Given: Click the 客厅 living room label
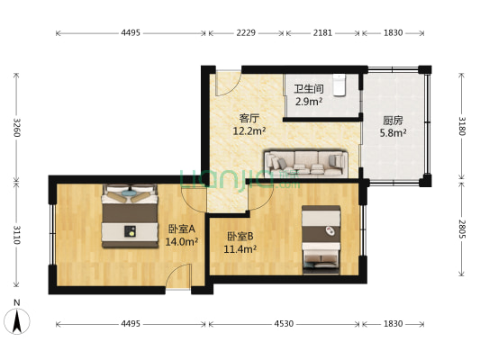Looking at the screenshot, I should tap(249, 118).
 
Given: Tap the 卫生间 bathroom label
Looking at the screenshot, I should tap(308, 89).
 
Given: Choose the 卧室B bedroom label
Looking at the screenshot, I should tap(239, 237).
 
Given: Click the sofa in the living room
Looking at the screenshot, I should tap(306, 162).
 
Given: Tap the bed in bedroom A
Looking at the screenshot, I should tap(131, 215).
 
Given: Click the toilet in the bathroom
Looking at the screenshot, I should tap(340, 83).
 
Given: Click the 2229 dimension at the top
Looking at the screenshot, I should tap(247, 32).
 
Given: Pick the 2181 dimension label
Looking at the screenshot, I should tap(322, 32).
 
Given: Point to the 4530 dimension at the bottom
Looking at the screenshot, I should tap(285, 323).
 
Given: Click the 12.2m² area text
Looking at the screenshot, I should tap(249, 131).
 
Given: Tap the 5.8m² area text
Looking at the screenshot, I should tap(394, 133).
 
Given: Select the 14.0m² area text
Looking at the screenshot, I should tap(181, 241).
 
